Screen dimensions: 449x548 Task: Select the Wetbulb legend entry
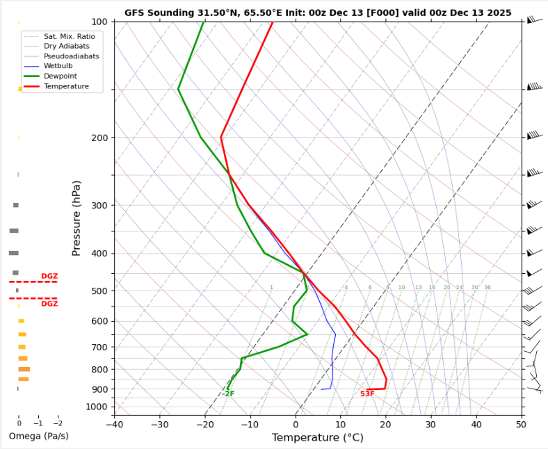57,65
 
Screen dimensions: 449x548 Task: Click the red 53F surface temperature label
367,394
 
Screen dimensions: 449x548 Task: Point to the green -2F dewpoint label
229,394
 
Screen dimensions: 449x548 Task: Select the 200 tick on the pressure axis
99,138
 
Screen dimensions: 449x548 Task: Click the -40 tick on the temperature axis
115,425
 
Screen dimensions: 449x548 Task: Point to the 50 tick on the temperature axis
522,425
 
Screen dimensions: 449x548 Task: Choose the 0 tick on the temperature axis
296,425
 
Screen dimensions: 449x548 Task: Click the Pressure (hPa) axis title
76,218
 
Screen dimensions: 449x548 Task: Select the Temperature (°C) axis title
317,438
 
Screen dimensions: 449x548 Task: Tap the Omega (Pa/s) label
38,436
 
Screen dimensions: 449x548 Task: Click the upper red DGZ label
49,276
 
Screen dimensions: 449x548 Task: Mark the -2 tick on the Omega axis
58,423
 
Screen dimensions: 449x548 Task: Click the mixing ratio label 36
487,288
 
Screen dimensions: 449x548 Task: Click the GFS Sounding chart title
318,13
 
